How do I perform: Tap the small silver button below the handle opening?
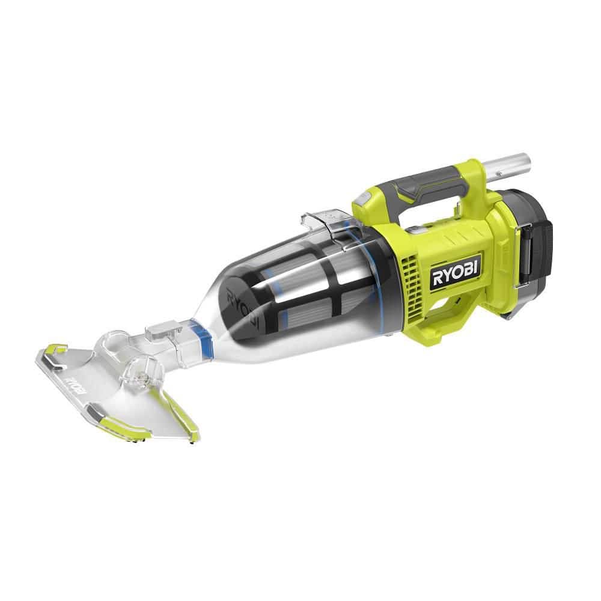coord(414,228)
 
